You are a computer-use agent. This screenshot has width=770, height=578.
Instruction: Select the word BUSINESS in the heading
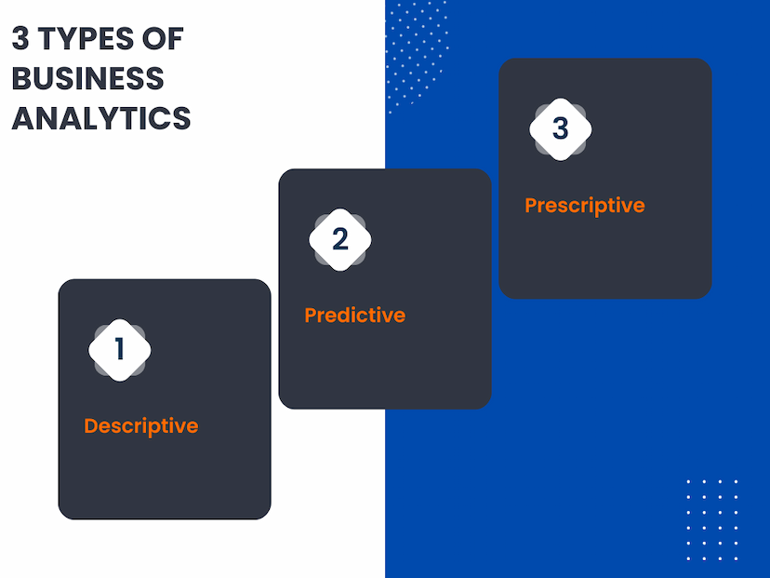[x=88, y=78]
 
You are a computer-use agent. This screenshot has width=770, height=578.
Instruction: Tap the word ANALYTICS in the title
[x=101, y=118]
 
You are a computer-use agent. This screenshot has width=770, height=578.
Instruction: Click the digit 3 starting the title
[x=20, y=38]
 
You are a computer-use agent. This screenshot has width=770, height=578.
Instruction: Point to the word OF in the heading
[x=163, y=38]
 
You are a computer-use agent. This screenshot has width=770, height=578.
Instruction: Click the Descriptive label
[x=141, y=426]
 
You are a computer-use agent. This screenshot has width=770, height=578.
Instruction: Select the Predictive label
[x=355, y=315]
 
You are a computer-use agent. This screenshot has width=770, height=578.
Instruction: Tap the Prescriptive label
[x=585, y=206]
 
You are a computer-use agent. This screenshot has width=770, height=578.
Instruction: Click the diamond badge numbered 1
[x=120, y=350]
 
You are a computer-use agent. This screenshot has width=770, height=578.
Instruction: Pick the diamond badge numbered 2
[x=340, y=239]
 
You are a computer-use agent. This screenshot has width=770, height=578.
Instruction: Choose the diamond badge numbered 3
[x=561, y=129]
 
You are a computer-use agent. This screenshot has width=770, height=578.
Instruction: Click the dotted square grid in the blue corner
[x=712, y=520]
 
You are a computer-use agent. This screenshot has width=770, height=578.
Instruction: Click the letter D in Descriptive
[x=91, y=425]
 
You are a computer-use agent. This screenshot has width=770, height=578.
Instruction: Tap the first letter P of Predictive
[x=311, y=315]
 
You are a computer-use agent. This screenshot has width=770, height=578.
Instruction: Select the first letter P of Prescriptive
[x=531, y=206]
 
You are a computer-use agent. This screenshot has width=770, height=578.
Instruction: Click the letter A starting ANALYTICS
[x=22, y=118]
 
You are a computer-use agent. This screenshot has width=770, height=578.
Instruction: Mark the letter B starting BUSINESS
[x=20, y=78]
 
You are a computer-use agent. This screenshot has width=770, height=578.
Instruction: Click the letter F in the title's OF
[x=176, y=38]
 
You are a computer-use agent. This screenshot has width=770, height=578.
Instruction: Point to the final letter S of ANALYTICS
[x=181, y=118]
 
